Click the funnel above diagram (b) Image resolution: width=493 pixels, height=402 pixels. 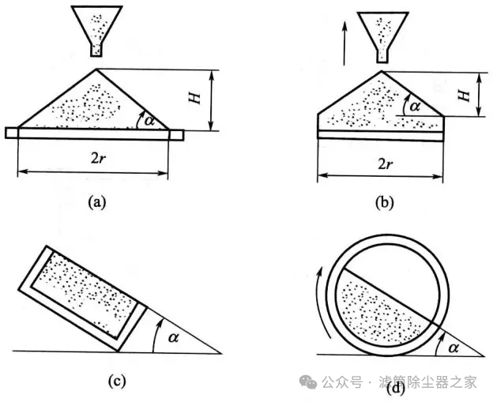384,30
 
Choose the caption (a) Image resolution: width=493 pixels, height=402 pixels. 96,202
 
